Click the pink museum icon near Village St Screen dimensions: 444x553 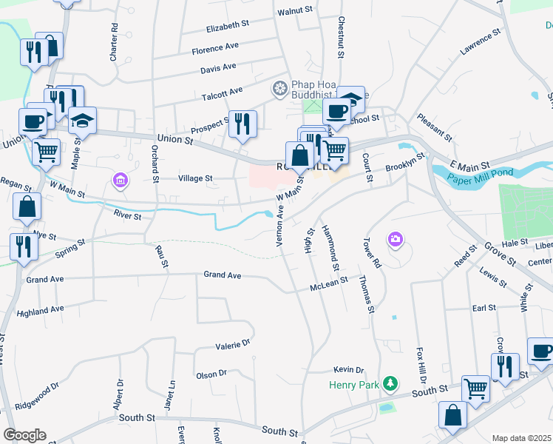pyautogui.click(x=119, y=179)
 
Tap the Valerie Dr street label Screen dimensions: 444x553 pyautogui.click(x=233, y=344)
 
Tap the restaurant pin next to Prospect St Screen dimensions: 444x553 pyautogui.click(x=242, y=123)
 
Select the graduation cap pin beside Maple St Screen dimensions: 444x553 pyautogui.click(x=82, y=120)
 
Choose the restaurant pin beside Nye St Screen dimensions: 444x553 pyautogui.click(x=24, y=246)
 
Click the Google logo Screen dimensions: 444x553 pyautogui.click(x=24, y=435)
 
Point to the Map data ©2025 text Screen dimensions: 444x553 pyautogui.click(x=521, y=438)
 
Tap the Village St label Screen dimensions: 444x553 pyautogui.click(x=195, y=178)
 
